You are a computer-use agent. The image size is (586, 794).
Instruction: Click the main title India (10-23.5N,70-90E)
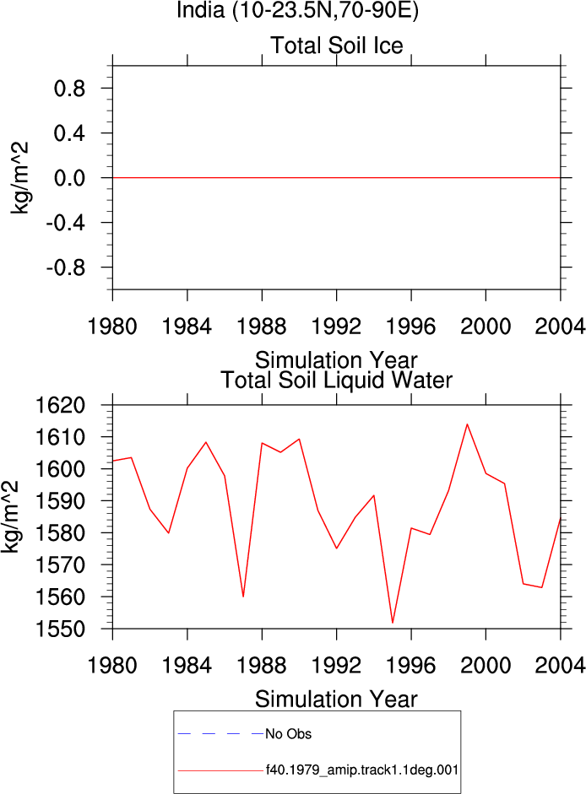point(297,9)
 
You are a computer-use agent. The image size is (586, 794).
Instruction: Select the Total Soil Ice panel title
point(337,46)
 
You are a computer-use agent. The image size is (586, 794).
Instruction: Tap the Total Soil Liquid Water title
point(336,381)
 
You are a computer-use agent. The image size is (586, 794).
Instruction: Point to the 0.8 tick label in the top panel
point(69,89)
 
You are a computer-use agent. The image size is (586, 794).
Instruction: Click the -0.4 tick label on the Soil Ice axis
point(65,223)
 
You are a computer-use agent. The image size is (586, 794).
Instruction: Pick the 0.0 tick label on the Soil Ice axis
point(69,178)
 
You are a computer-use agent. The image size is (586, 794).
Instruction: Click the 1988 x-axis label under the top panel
point(262,326)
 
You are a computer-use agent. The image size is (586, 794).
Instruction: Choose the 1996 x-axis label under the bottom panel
point(410,665)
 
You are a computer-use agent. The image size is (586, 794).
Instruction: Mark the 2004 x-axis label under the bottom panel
point(560,665)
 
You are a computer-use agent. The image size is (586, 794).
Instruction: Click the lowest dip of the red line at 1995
point(393,623)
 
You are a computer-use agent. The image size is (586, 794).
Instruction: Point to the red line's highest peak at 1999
point(467,424)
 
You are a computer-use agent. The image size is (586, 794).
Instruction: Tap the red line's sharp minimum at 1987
point(243,597)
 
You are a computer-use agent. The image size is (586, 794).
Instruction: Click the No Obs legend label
point(289,734)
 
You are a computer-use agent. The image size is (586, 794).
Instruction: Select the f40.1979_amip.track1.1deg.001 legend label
point(362,770)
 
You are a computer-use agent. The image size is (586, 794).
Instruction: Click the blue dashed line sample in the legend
point(220,733)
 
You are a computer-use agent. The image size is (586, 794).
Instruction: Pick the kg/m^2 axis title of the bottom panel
point(10,516)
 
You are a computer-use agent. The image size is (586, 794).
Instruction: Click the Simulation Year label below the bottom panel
point(336,699)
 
